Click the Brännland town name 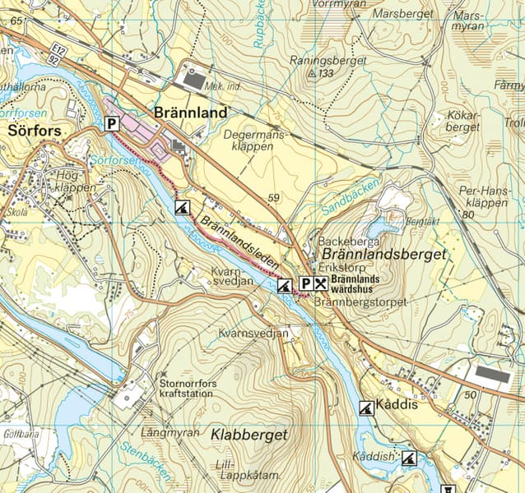(190, 113)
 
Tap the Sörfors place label (35, 130)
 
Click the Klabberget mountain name (249, 435)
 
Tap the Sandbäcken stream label (351, 198)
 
